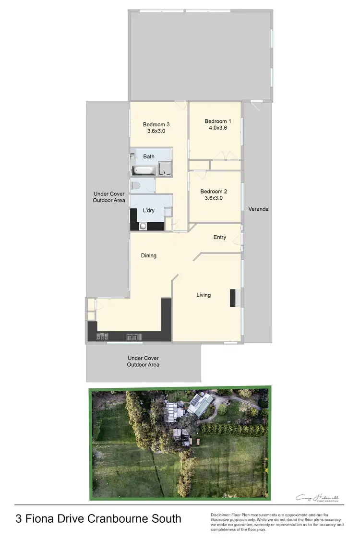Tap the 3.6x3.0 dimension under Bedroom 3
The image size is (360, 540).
pos(156,131)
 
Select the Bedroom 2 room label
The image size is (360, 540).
pos(215,191)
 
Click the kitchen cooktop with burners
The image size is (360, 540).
pos(102,336)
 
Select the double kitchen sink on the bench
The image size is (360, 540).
pos(132,337)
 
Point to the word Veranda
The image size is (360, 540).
pos(258,209)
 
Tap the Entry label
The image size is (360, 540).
pos(220,237)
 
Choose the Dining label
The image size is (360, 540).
pos(149,255)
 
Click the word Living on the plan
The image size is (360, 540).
pos(204,295)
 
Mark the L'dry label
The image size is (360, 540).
pos(148,210)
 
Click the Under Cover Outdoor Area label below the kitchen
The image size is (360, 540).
pos(143,361)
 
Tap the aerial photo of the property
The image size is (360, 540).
pos(180,443)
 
